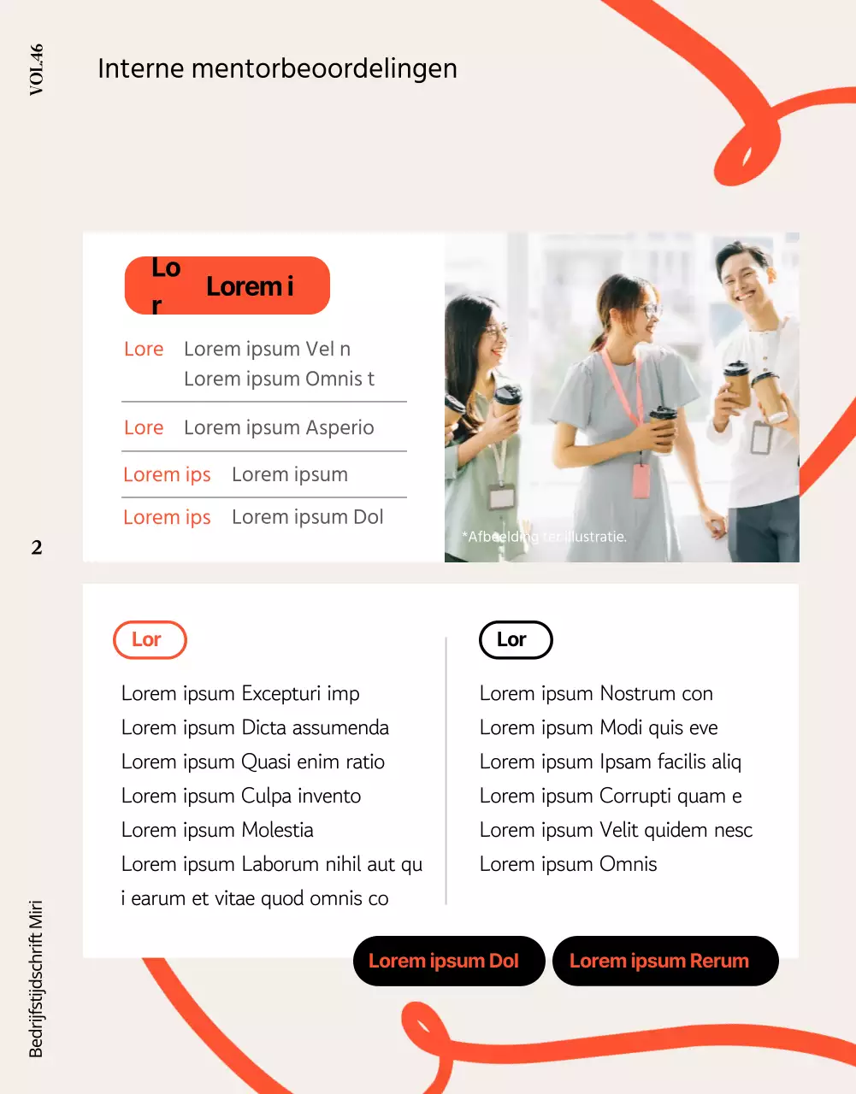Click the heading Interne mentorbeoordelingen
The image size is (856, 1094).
pyautogui.click(x=277, y=68)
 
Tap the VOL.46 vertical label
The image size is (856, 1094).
pyautogui.click(x=36, y=69)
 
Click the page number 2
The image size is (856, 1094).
pyautogui.click(x=37, y=548)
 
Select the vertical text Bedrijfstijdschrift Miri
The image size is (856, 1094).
pyautogui.click(x=36, y=978)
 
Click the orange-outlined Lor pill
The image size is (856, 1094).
pyautogui.click(x=150, y=640)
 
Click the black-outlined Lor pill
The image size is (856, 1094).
pyautogui.click(x=516, y=640)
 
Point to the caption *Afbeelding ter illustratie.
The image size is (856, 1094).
pyautogui.click(x=544, y=537)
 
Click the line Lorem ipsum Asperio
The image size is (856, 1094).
pyautogui.click(x=279, y=427)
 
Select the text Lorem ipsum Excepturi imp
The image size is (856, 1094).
pyautogui.click(x=240, y=693)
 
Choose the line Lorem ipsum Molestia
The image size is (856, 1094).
pyautogui.click(x=217, y=830)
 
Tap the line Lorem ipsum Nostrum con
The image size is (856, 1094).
pyautogui.click(x=596, y=693)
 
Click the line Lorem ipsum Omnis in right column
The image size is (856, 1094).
pyautogui.click(x=568, y=864)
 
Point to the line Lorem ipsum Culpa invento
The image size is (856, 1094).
pyautogui.click(x=241, y=796)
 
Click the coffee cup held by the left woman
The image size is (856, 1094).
pyautogui.click(x=507, y=402)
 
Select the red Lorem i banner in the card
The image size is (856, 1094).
pyautogui.click(x=227, y=285)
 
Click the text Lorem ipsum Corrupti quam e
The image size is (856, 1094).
pyautogui.click(x=611, y=796)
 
